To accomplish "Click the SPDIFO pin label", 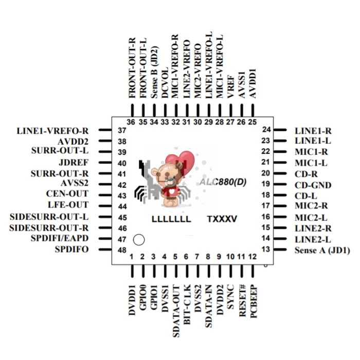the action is [71, 249].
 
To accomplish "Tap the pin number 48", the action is [122, 250].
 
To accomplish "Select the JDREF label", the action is [74, 163].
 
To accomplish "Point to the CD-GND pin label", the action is [313, 185].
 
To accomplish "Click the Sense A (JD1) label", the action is [322, 250].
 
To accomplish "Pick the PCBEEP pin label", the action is [254, 301].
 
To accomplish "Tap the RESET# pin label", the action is [242, 301].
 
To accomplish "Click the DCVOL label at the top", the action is [165, 83].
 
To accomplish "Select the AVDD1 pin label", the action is [253, 83].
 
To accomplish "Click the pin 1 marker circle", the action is [139, 240].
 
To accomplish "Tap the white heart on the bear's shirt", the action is [171, 191].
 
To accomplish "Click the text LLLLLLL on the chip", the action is [171, 219].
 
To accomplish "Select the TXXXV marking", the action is [222, 219].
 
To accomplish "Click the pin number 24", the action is [266, 130].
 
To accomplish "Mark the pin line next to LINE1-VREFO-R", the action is [105, 130].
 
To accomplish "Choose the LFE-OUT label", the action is [68, 205].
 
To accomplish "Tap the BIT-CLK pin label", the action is [187, 304].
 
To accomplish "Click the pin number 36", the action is [131, 122].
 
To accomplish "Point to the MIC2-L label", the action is [311, 218].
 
